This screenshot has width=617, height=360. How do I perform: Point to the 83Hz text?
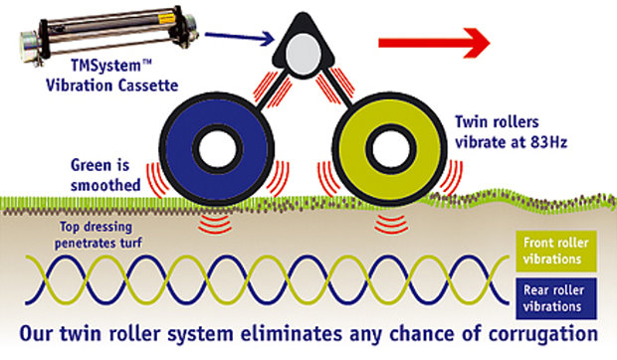562,140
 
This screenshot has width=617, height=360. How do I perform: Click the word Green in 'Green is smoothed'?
91,165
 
